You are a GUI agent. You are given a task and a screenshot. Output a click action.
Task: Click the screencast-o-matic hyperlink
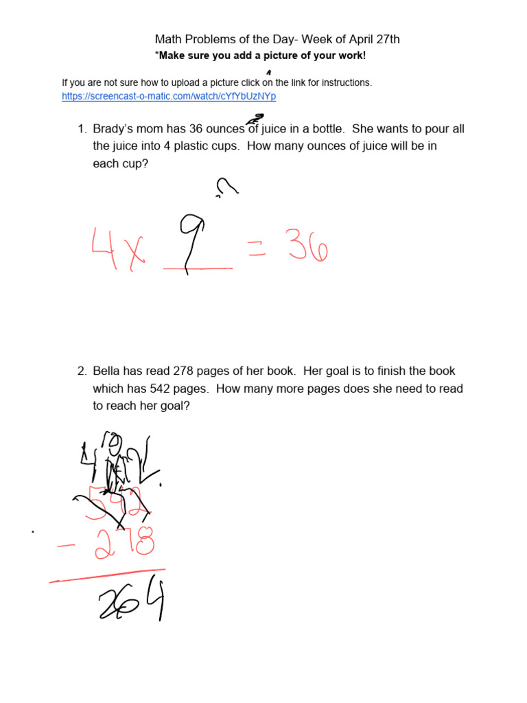169,97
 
